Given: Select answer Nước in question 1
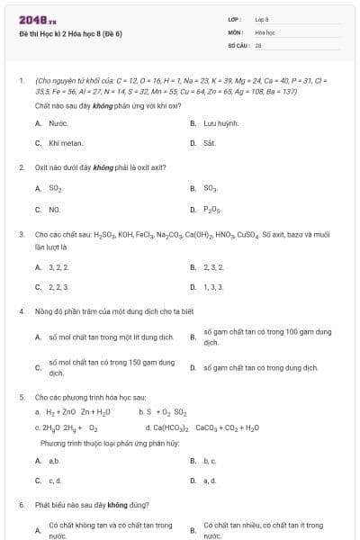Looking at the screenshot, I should pos(58,122).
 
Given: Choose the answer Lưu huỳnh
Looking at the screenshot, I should pos(221,122).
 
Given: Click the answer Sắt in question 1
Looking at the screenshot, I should pos(210,143).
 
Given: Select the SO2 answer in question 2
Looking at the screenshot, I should pos(56,189).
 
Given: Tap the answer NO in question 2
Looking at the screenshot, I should pos(55,210).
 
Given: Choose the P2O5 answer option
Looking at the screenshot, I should pos(212,210).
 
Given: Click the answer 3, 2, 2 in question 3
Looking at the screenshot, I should pos(58,267).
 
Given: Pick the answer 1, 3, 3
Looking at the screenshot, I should pos(213,287).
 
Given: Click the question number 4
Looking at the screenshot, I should pos(21,311).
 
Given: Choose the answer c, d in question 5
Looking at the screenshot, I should pos(56,481).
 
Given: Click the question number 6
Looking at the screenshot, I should pos(21,505).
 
